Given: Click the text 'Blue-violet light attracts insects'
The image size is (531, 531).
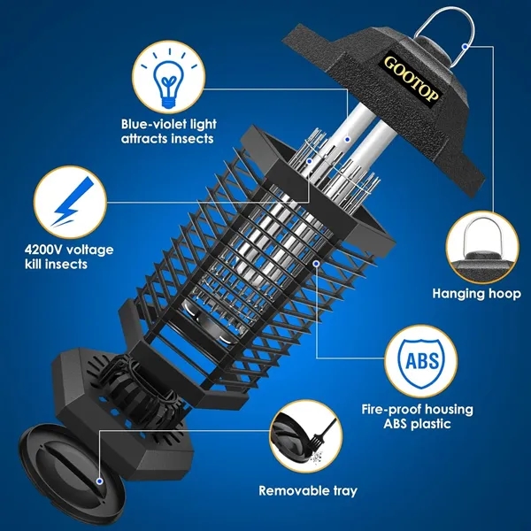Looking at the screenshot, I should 168,132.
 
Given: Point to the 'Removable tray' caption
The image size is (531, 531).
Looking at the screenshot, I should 308,490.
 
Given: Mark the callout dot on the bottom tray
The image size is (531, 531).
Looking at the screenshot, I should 100,480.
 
